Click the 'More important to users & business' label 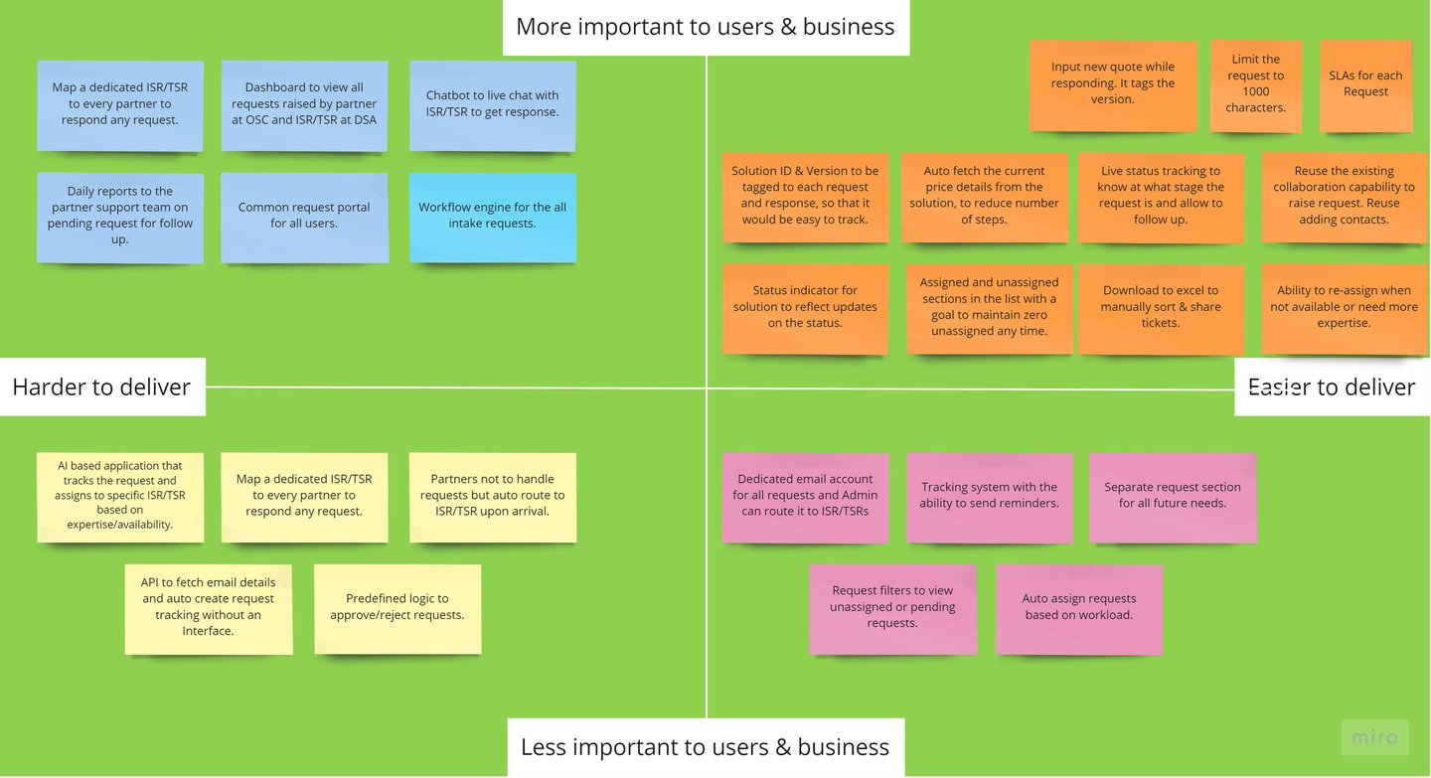705,27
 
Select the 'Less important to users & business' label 705,747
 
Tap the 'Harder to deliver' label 101,387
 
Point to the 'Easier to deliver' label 1331,387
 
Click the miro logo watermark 1374,737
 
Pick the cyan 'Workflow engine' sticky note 492,217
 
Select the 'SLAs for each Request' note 1365,84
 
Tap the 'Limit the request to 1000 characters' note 1255,84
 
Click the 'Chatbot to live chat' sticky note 492,104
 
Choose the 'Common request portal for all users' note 304,217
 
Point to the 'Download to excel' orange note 1160,308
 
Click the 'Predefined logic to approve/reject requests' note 397,608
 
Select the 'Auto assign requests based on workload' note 1078,608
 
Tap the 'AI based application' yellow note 120,497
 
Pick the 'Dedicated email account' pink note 805,497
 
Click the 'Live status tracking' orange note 1160,196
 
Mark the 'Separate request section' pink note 1173,497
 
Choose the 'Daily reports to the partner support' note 120,217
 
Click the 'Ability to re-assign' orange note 1344,308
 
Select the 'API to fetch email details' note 209,608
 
